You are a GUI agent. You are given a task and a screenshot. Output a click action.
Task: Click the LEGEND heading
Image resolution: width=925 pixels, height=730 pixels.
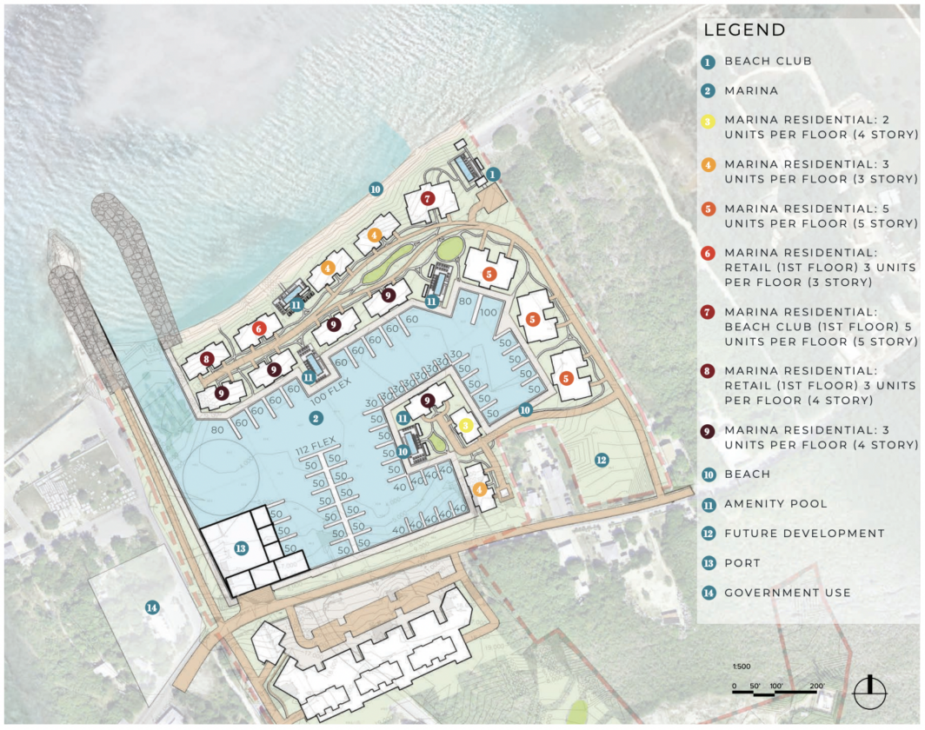pos(744,30)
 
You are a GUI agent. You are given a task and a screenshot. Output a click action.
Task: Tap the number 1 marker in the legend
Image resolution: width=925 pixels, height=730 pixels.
pos(709,62)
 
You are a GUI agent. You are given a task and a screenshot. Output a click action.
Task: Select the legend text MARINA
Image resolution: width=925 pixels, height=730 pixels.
pos(751,90)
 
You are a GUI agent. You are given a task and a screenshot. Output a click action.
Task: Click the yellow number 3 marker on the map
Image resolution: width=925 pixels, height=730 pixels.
pos(466,425)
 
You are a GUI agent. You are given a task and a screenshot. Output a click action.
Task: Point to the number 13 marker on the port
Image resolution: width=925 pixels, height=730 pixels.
pos(241,548)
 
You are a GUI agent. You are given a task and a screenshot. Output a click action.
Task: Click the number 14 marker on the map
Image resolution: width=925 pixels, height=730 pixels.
pos(152,607)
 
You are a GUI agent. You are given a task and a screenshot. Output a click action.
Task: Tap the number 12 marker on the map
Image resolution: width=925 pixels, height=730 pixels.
pos(601,459)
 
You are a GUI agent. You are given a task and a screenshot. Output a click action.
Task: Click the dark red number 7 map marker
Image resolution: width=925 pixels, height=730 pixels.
pos(427,199)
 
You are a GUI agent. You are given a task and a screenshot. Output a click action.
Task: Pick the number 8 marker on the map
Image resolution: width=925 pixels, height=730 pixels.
pos(207,359)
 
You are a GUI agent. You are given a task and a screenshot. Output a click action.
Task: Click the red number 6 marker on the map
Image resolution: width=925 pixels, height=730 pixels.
pos(258,328)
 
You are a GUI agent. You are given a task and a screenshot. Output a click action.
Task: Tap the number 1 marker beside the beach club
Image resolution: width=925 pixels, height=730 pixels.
pos(494,175)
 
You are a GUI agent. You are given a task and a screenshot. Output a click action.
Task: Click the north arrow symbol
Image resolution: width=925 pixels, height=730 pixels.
pos(868,692)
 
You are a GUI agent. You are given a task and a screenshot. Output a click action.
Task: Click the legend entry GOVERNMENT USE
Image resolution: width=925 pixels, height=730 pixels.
pos(788,593)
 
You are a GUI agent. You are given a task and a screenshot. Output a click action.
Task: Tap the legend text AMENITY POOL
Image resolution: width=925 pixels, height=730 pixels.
pos(775,504)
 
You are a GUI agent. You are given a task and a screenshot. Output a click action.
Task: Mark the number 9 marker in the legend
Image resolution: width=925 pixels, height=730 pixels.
pos(709,430)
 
